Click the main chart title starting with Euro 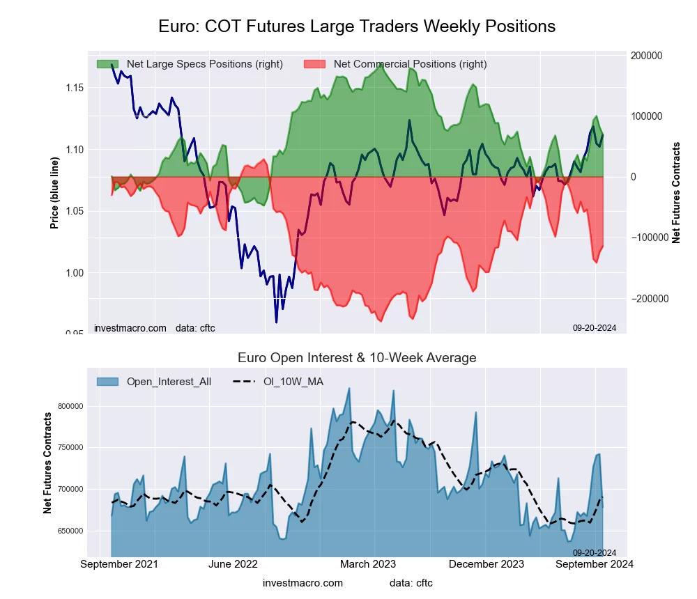[x=356, y=26]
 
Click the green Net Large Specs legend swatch [x=107, y=64]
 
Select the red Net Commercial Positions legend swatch [x=315, y=64]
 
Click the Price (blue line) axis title [x=54, y=194]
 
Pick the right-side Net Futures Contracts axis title [x=675, y=192]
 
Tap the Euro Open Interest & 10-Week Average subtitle [x=357, y=358]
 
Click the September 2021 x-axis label [x=119, y=564]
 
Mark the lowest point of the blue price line [x=276, y=322]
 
